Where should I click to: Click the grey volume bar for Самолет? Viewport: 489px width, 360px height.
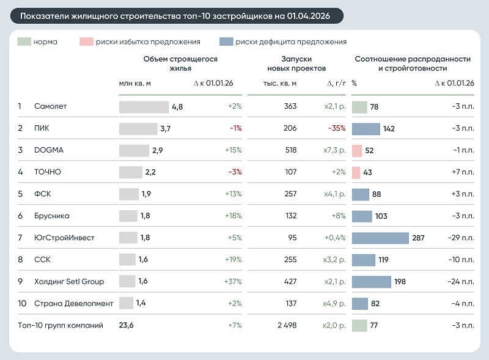click(x=144, y=107)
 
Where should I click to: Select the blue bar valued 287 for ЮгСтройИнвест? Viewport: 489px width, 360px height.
click(x=380, y=238)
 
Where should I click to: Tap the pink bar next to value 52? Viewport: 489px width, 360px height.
click(x=357, y=151)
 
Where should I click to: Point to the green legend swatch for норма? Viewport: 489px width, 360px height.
click(x=24, y=42)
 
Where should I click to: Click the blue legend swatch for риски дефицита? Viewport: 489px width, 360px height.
click(x=226, y=42)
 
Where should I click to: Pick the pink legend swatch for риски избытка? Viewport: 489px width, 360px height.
click(x=86, y=42)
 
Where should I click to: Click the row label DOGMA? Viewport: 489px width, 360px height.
click(x=49, y=150)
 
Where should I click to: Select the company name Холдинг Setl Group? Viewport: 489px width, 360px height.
click(x=69, y=281)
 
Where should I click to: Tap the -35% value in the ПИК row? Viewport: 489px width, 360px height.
click(x=337, y=128)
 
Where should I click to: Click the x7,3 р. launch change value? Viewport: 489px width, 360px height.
click(x=334, y=150)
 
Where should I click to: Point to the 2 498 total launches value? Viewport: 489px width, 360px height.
click(x=287, y=325)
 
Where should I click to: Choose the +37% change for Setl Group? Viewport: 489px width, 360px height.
click(x=233, y=281)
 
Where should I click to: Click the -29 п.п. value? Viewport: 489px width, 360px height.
click(x=461, y=238)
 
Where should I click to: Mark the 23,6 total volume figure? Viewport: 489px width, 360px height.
click(x=127, y=325)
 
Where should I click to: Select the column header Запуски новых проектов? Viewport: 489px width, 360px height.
click(x=296, y=64)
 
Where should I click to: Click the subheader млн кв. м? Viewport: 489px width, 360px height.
click(x=134, y=83)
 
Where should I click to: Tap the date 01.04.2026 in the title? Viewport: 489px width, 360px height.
click(x=308, y=16)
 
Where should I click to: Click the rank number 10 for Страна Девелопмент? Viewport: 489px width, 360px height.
click(x=22, y=303)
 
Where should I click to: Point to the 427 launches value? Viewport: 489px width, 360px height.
click(x=290, y=281)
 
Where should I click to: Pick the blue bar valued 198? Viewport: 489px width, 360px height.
click(x=372, y=282)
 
